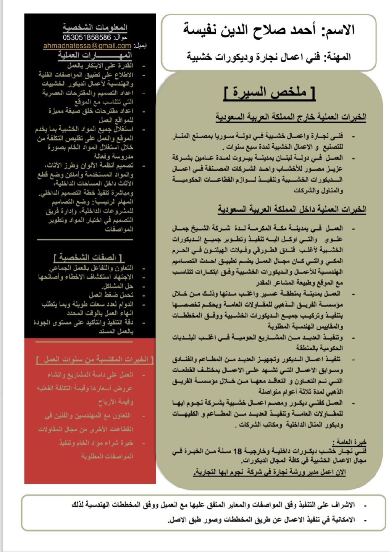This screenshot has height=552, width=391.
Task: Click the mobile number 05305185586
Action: pyautogui.click(x=87, y=38)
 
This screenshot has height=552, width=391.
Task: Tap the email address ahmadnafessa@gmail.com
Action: pyautogui.click(x=87, y=46)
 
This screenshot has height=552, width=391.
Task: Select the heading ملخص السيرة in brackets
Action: pyautogui.click(x=270, y=93)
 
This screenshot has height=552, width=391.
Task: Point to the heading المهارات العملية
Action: pyautogui.click(x=95, y=55)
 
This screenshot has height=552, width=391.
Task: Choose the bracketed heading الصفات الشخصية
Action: pyautogui.click(x=90, y=257)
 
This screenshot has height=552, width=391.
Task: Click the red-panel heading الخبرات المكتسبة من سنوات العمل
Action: pyautogui.click(x=95, y=360)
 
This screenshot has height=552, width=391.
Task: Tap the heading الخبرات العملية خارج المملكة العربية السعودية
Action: pyautogui.click(x=291, y=117)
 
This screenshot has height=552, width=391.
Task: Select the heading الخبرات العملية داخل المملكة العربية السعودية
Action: pyautogui.click(x=292, y=209)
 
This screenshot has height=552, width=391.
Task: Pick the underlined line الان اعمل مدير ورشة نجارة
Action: pyautogui.click(x=270, y=472)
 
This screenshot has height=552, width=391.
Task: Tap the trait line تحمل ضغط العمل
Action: pyautogui.click(x=111, y=295)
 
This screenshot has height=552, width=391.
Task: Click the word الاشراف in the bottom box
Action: pyautogui.click(x=343, y=505)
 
